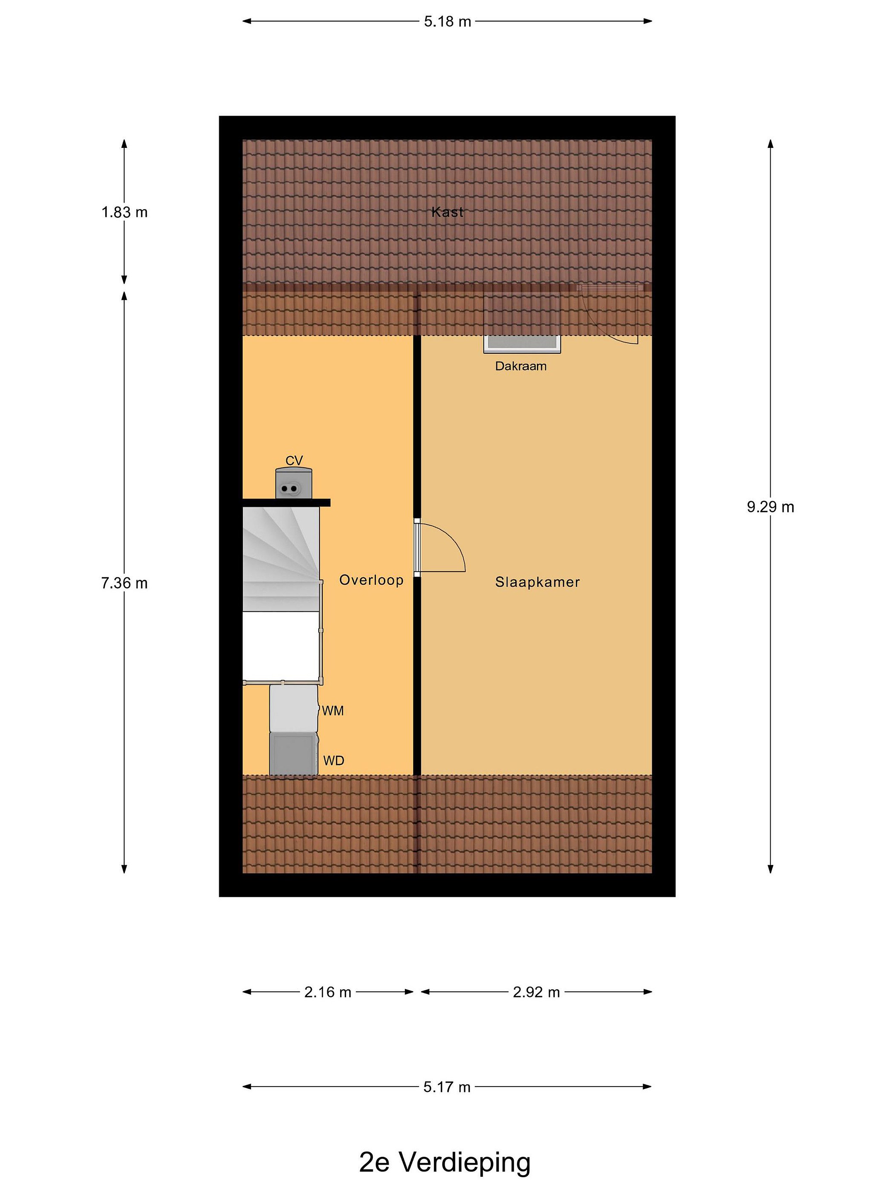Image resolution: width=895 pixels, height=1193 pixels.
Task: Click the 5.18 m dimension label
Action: point(447,22)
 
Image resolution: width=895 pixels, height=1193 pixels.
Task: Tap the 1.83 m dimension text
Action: point(124,213)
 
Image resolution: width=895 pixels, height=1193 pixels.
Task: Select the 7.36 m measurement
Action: point(124,583)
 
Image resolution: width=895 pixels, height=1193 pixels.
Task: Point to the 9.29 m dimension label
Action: point(770,507)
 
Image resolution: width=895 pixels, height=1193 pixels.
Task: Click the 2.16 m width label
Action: point(327,992)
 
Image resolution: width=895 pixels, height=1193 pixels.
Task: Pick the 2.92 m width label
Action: point(536,992)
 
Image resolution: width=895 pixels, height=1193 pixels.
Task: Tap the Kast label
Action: point(447,212)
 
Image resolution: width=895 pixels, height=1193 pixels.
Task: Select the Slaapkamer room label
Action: point(537,582)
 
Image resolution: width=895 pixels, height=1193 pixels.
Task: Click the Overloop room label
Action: point(371,580)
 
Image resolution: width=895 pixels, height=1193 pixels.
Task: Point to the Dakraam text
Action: point(520,366)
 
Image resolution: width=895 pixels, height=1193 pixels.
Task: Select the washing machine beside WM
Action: point(293,708)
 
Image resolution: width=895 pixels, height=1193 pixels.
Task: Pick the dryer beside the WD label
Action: point(293,753)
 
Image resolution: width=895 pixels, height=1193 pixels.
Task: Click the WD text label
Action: point(334,761)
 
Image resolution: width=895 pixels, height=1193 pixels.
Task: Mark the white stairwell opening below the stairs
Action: point(281,647)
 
